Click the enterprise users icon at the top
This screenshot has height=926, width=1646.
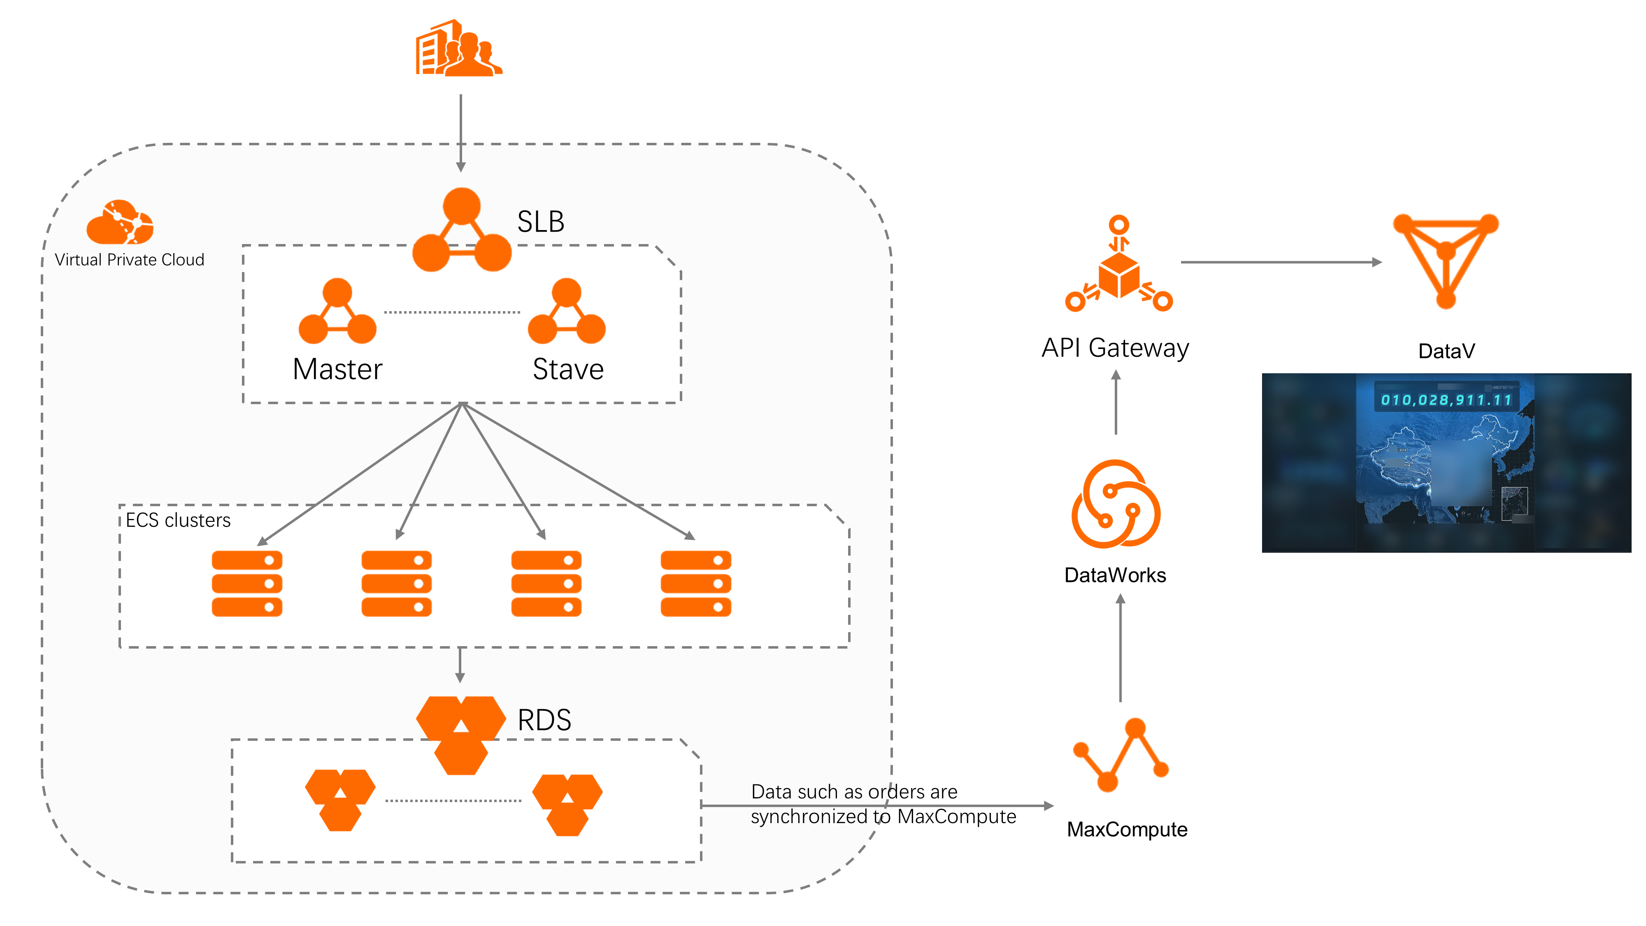(x=459, y=49)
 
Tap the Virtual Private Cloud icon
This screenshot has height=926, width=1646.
(x=120, y=222)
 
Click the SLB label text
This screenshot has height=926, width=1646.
(x=541, y=222)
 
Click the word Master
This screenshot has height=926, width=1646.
(x=337, y=370)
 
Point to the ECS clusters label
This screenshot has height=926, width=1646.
(x=178, y=520)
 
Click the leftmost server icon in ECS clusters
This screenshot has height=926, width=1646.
(x=247, y=584)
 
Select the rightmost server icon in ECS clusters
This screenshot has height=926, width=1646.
(x=696, y=584)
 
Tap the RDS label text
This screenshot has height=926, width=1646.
(x=544, y=720)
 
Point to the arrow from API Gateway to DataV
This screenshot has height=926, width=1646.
(x=1281, y=262)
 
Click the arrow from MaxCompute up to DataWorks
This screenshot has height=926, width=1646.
(x=1120, y=649)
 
